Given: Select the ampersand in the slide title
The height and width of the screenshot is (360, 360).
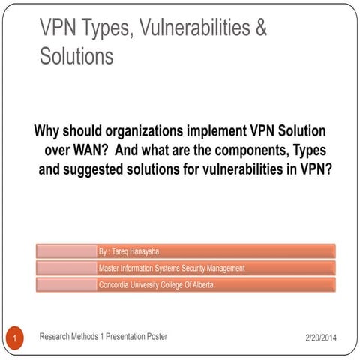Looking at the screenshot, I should [260, 28].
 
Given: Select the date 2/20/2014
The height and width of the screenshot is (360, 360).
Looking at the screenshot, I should [321, 338].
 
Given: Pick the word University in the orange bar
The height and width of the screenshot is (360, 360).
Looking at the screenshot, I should [154, 284].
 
